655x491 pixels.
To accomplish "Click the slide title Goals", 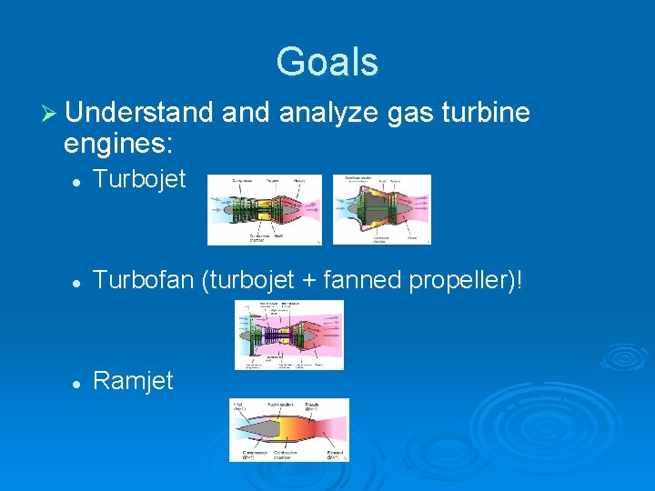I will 327,62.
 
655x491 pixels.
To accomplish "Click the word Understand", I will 138,114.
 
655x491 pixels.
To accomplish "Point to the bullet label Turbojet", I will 139,179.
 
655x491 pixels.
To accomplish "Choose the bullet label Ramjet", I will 133,381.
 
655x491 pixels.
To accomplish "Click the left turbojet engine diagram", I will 264,210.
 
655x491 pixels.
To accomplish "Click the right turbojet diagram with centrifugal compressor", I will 381,210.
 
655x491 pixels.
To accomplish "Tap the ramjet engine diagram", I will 289,429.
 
